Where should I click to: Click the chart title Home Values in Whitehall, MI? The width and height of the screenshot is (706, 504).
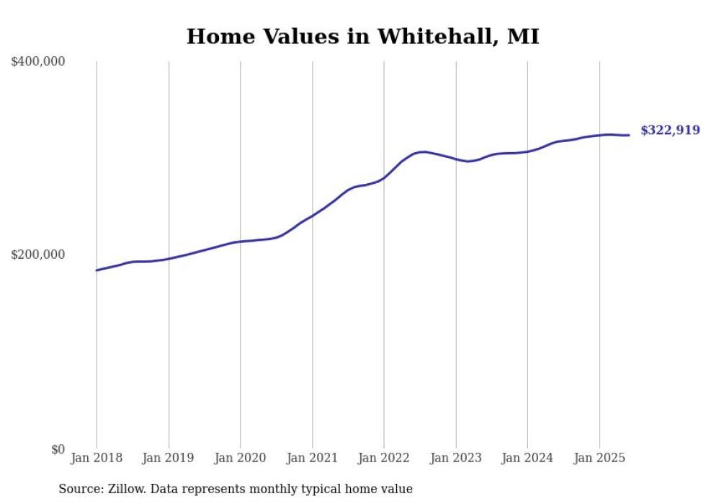[362, 36]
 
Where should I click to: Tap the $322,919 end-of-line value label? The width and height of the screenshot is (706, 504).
[669, 131]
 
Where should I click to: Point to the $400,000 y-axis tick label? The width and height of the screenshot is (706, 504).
[38, 62]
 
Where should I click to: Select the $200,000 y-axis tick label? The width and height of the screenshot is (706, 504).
[38, 255]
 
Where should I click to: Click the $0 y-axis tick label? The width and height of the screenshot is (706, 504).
[58, 449]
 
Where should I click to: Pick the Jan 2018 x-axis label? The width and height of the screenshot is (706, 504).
[97, 458]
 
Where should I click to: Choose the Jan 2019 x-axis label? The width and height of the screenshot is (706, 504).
[169, 458]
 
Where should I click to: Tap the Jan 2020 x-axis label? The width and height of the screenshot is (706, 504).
[240, 458]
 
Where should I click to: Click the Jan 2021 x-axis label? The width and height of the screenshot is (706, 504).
[312, 458]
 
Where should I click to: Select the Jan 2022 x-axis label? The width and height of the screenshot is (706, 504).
[383, 458]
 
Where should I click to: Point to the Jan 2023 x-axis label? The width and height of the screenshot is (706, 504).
[455, 458]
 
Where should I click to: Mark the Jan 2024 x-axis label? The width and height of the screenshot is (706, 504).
[527, 458]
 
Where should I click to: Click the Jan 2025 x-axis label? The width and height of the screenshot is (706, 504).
[599, 458]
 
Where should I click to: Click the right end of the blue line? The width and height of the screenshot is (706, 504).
[629, 135]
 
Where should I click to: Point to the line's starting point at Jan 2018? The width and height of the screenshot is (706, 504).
[97, 270]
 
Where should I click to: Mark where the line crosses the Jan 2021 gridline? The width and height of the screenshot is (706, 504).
[312, 216]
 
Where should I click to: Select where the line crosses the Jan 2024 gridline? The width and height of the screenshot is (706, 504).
[527, 151]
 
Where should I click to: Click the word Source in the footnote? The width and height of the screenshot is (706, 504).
[80, 489]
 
